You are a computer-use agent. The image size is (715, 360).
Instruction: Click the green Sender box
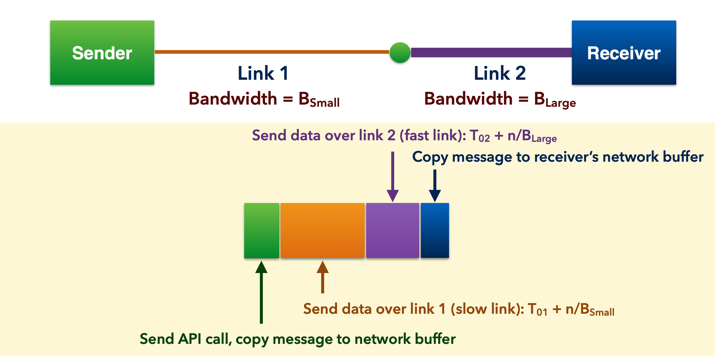[102, 52]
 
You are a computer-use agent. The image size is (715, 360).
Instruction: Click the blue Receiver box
[624, 52]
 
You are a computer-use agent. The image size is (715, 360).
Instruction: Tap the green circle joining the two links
[400, 52]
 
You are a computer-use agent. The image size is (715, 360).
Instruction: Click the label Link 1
[263, 73]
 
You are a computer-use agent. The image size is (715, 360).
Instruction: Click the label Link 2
[500, 73]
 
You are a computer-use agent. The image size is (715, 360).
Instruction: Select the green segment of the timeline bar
[262, 230]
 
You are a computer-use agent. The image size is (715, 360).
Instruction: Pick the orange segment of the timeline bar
[322, 230]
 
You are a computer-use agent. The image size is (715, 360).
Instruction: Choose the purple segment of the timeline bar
[393, 230]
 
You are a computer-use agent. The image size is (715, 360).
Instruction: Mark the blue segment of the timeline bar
[435, 230]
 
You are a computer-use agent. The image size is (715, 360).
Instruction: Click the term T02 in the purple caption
[480, 136]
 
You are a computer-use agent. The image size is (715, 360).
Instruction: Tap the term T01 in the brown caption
[537, 309]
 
